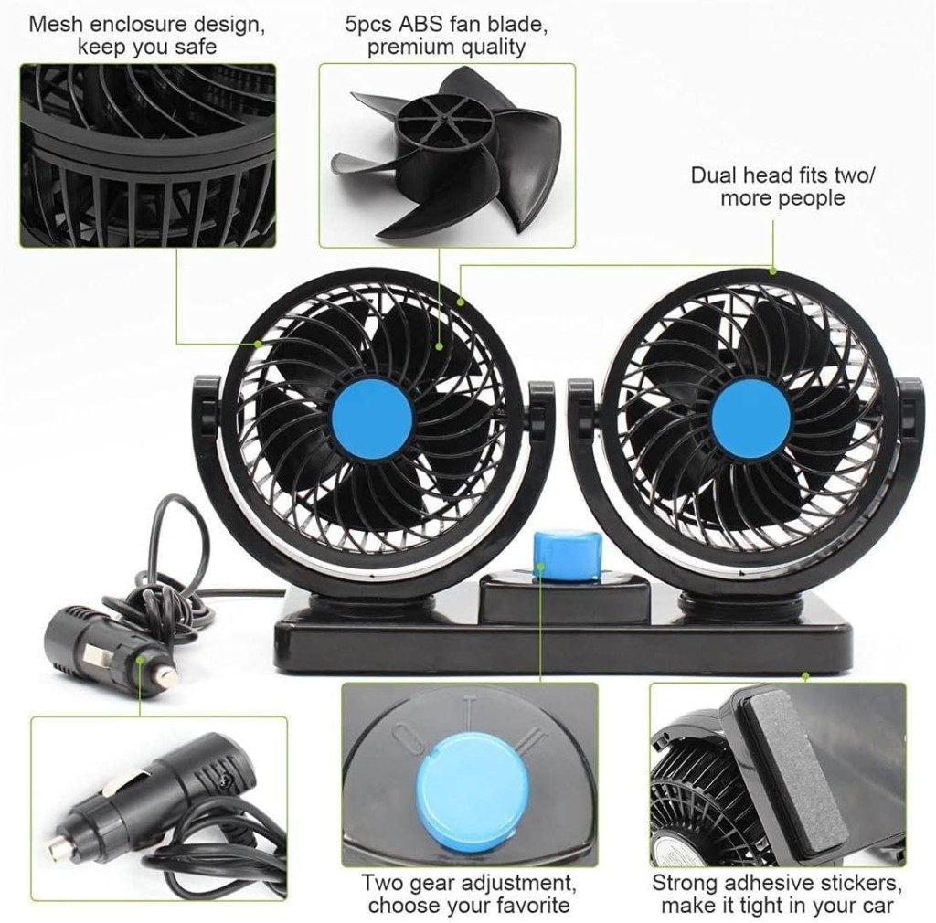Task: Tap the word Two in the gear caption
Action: (383, 883)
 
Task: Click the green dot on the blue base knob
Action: (541, 563)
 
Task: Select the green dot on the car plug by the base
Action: (140, 659)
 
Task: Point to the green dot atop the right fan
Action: (773, 272)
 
